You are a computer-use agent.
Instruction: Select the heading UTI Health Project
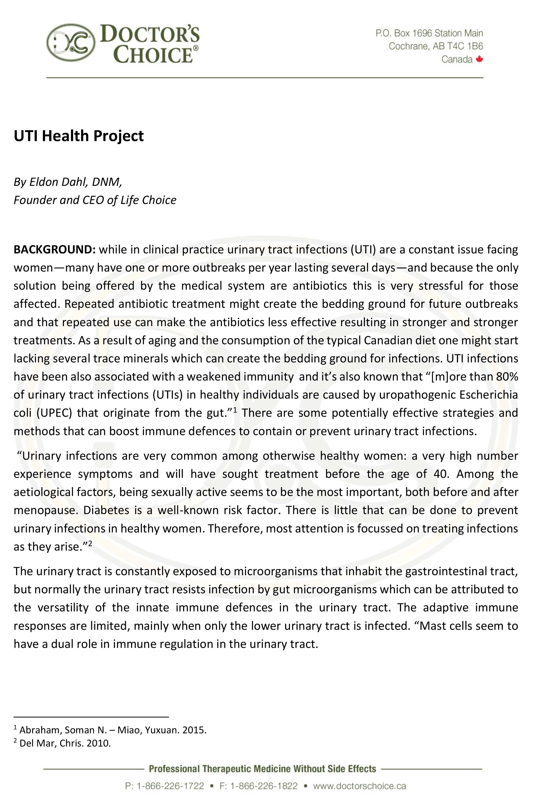click(x=78, y=136)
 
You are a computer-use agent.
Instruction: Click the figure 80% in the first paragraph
click(x=507, y=377)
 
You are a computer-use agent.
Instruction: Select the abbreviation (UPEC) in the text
click(x=54, y=413)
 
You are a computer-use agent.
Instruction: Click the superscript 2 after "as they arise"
click(x=90, y=543)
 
